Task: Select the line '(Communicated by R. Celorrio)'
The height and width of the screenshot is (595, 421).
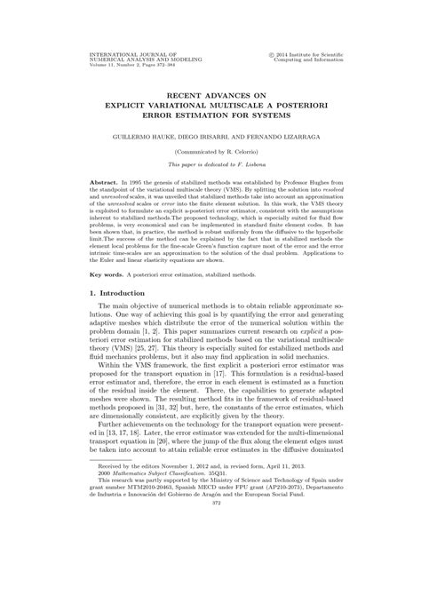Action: (x=210, y=153)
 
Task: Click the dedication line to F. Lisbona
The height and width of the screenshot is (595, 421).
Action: (x=210, y=165)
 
